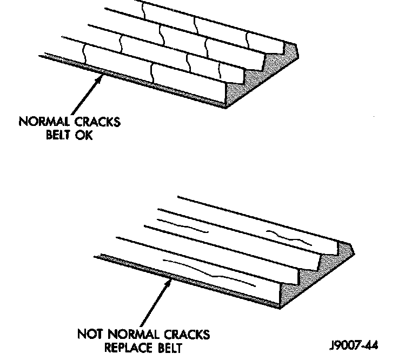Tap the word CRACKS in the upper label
tap(98, 122)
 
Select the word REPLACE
tap(124, 348)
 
